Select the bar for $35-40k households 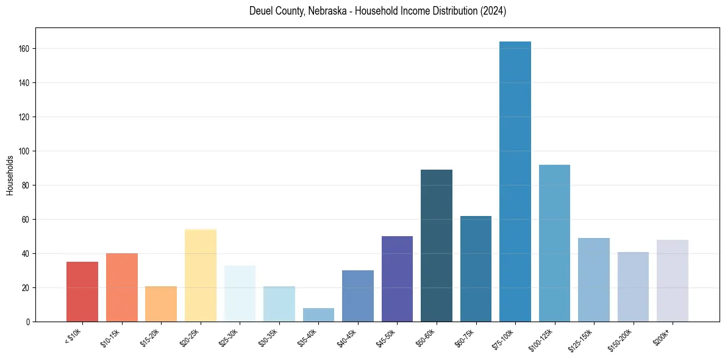318,315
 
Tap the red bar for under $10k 82,292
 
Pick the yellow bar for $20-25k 201,275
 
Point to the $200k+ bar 672,281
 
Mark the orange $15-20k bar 161,304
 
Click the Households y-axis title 10,175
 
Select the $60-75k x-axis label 465,337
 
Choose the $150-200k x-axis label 621,339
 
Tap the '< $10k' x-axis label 73,337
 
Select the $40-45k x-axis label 348,337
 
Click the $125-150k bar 593,279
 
